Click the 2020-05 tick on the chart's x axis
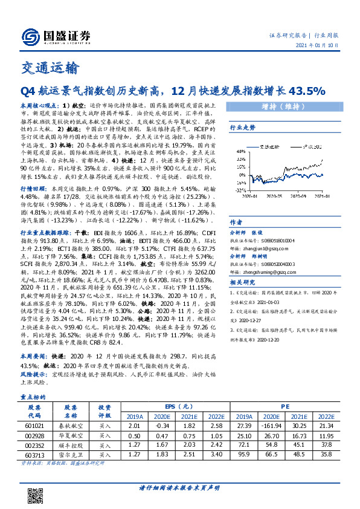275,196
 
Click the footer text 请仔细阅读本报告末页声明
179,487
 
